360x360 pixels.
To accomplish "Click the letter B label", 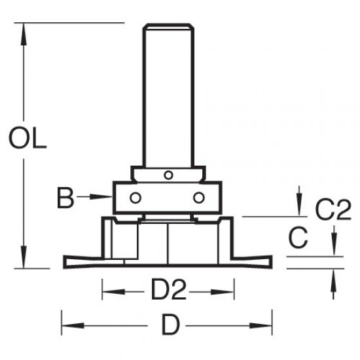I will pos(65,197).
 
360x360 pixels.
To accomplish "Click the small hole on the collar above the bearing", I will pos(168,175).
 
